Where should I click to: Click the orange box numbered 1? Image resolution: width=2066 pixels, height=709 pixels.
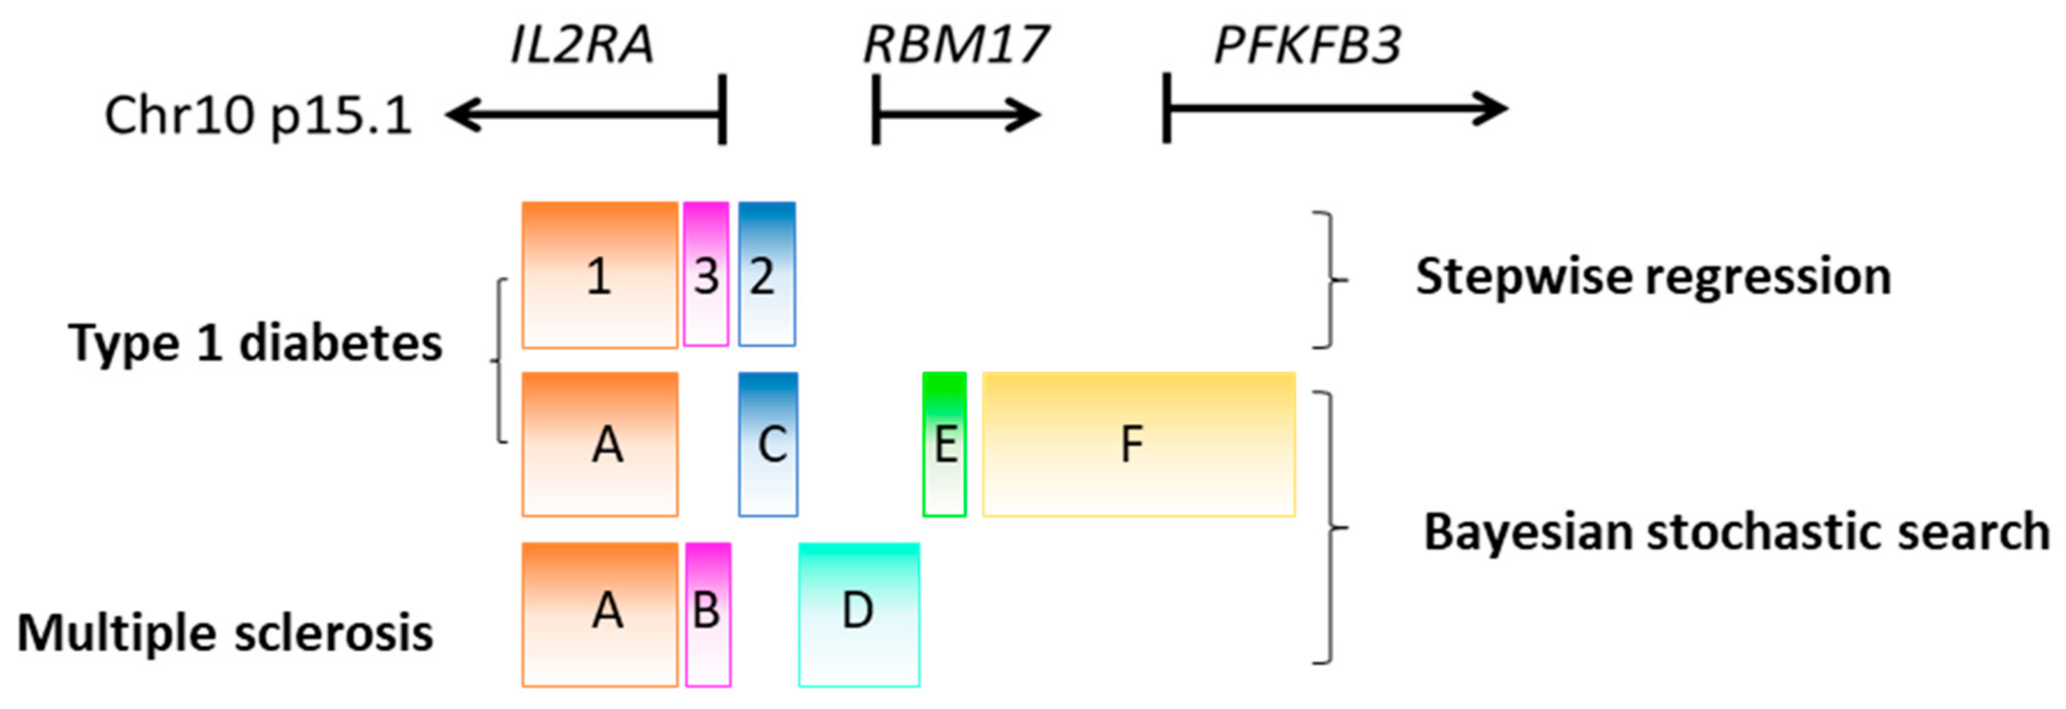pos(600,275)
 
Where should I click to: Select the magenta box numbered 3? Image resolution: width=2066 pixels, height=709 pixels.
pos(706,275)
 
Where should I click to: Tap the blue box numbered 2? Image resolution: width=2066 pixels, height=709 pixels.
pos(767,275)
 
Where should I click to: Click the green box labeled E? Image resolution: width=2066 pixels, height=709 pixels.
pos(944,444)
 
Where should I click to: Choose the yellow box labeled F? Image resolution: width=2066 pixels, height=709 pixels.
pos(1139,444)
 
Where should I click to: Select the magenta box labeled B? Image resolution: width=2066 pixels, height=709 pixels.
pos(708,614)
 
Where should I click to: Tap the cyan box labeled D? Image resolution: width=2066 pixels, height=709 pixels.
pos(859,614)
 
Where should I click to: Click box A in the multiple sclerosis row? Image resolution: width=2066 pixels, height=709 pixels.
pos(600,614)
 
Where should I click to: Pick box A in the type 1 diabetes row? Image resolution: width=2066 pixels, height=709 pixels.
pos(600,444)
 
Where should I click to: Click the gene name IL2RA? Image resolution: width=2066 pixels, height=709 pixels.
pos(582,45)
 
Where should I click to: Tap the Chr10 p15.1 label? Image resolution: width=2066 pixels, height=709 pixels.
pos(259,116)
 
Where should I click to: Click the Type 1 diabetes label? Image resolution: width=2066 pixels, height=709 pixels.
pos(255,343)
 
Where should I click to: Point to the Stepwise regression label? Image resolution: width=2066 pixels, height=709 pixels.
pos(1653,277)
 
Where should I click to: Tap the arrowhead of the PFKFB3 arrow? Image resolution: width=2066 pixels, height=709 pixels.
pos(1493,109)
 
